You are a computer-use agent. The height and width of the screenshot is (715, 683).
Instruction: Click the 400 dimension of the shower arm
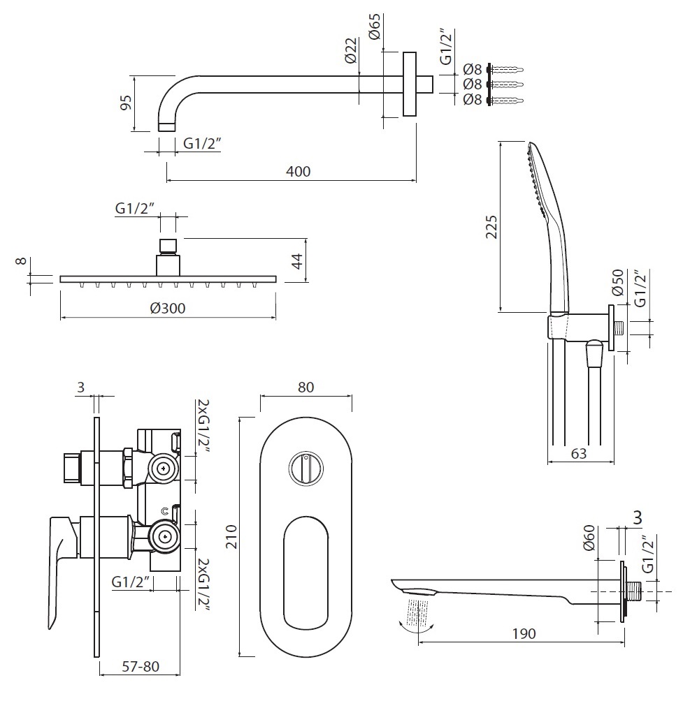(x=298, y=171)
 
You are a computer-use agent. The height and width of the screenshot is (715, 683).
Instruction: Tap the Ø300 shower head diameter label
(x=168, y=308)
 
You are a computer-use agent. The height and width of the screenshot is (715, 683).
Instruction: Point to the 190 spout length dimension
(x=524, y=633)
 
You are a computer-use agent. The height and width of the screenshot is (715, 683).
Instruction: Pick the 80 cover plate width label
(x=305, y=387)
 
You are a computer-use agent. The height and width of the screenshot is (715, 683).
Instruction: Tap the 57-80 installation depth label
(x=139, y=666)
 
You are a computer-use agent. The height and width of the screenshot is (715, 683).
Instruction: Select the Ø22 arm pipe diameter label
(x=352, y=51)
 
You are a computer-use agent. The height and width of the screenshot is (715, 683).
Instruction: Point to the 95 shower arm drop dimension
(x=126, y=103)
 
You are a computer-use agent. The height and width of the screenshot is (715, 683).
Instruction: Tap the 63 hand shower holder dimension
(x=578, y=454)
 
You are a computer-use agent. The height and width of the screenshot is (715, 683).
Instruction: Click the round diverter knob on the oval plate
(x=305, y=466)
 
